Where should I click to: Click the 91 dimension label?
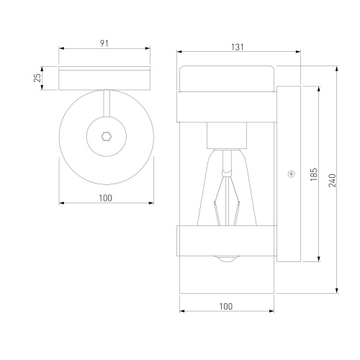(x=104, y=43)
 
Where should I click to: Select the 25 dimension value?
(x=37, y=78)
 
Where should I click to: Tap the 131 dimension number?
(x=238, y=48)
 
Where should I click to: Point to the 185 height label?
(x=314, y=174)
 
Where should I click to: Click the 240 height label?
(x=332, y=181)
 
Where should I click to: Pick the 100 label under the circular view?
(x=105, y=198)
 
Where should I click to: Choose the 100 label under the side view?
(x=226, y=306)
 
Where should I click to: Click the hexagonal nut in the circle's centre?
(x=107, y=137)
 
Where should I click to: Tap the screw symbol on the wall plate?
(x=291, y=174)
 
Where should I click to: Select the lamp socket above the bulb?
(x=227, y=135)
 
